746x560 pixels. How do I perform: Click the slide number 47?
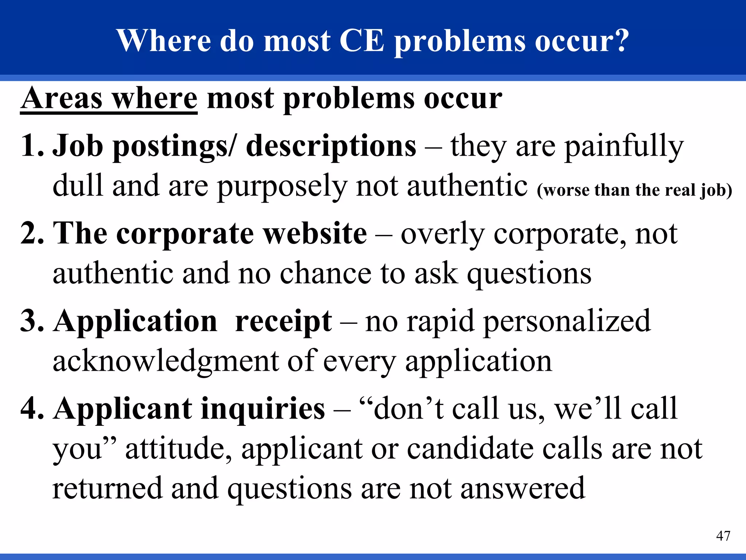pyautogui.click(x=723, y=536)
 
